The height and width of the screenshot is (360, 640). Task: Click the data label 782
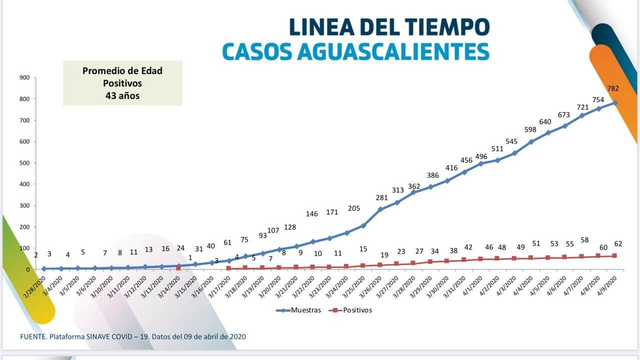613,88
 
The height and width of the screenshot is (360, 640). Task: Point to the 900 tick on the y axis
24,77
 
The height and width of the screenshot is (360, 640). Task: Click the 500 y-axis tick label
24,163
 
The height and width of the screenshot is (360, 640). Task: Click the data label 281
381,197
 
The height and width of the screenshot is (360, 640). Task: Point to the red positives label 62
618,244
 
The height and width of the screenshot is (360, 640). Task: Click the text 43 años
122,95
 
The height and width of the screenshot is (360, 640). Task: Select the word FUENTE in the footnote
32,336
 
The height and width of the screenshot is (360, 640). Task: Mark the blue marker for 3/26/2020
380,209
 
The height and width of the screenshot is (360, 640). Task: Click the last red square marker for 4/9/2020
614,256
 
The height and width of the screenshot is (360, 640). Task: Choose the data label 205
354,208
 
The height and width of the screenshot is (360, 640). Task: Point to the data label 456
466,160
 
